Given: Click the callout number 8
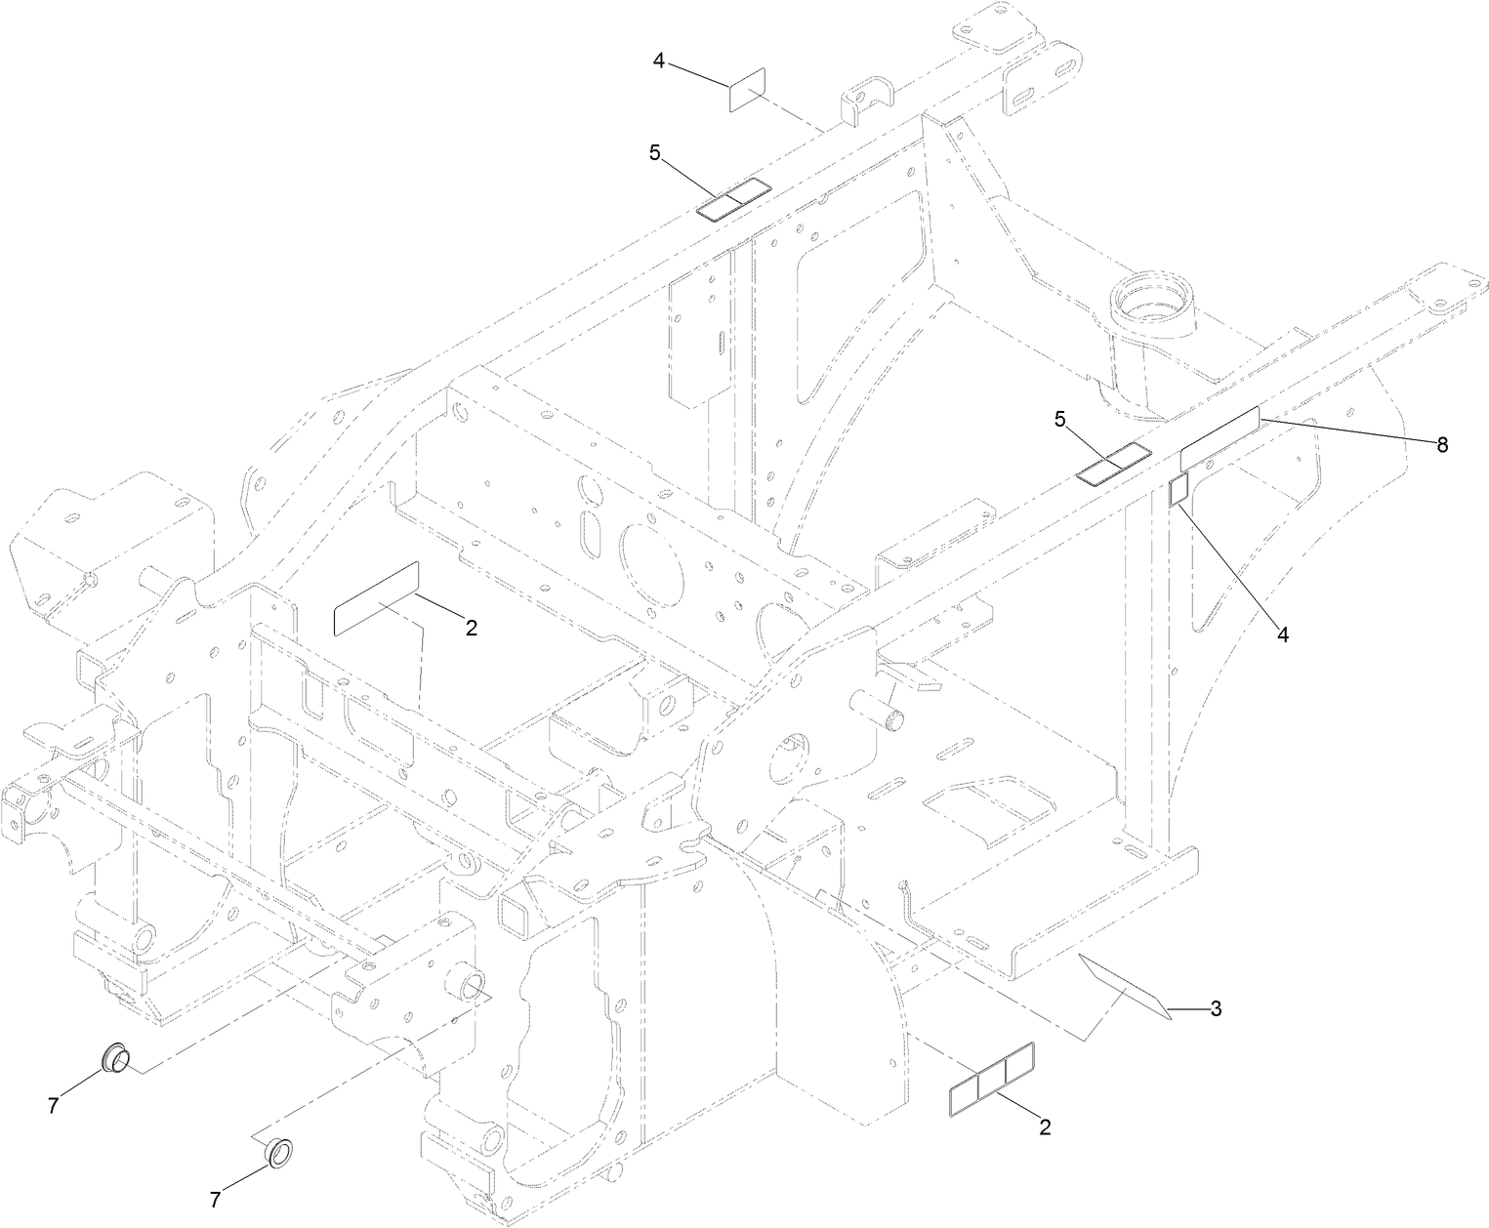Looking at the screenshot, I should [x=1440, y=445].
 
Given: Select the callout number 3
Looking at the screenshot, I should [x=1216, y=1009].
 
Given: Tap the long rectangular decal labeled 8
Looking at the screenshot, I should [x=1220, y=438].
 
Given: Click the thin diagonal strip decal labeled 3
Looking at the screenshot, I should [x=1124, y=988].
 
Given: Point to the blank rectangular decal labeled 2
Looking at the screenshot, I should [x=376, y=599].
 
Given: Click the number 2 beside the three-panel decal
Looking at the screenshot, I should [x=1045, y=1127].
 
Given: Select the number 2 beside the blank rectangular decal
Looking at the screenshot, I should [x=471, y=628].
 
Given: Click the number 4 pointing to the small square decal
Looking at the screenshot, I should [x=1283, y=634].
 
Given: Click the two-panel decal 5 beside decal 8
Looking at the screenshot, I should [x=1113, y=463].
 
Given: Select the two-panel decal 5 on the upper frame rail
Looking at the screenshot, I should [x=733, y=200].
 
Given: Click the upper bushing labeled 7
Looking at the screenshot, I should [x=117, y=1057].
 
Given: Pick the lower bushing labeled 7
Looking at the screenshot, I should [x=281, y=1153].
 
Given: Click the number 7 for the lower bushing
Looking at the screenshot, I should [x=217, y=1198].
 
